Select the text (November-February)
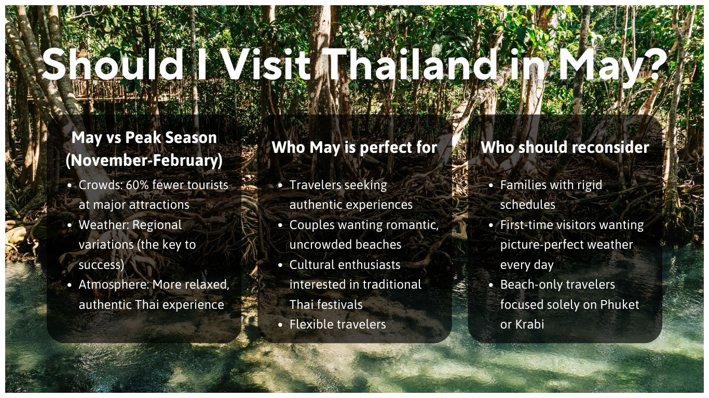click(144, 160)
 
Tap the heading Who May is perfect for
click(354, 147)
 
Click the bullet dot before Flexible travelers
click(280, 325)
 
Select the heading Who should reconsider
click(565, 147)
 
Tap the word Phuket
click(620, 304)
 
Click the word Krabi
click(529, 324)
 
